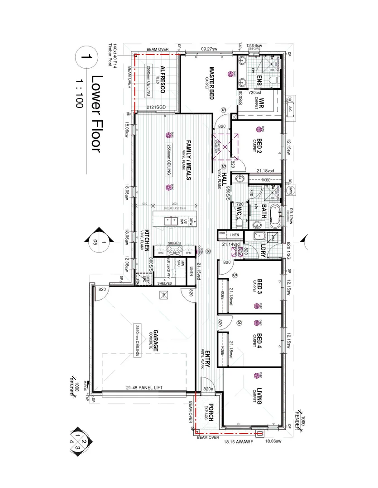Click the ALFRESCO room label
162,82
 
